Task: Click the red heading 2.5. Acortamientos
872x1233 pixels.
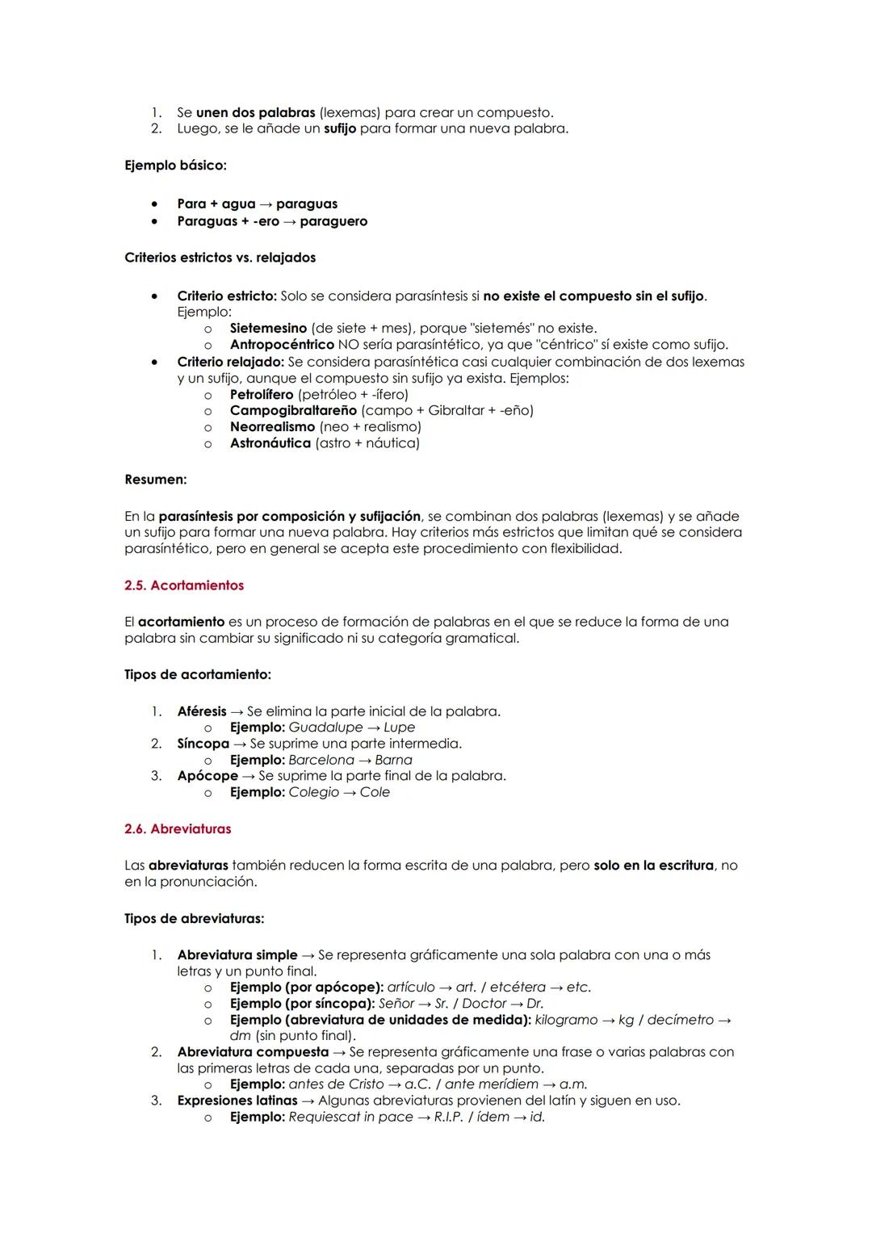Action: tap(184, 585)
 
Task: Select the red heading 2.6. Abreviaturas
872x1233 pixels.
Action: tap(178, 829)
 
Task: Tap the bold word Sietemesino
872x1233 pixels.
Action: tap(268, 329)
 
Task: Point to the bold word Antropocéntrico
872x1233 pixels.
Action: tap(282, 345)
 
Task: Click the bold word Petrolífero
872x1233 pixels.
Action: tap(262, 395)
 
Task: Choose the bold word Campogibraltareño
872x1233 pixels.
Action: tap(294, 411)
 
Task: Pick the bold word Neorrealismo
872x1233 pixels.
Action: tap(273, 427)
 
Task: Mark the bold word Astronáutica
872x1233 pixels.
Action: tap(270, 443)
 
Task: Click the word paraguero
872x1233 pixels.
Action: tap(333, 221)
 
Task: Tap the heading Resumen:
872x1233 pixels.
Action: tap(156, 480)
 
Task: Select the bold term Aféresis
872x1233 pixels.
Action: tap(202, 711)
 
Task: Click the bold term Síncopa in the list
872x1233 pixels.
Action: tap(203, 744)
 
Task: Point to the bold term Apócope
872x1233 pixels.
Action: tap(208, 776)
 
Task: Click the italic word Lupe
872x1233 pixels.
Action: tap(399, 728)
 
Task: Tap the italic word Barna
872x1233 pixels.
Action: tap(393, 760)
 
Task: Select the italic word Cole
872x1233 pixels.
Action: tap(375, 792)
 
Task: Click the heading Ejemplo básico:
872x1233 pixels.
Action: tap(175, 166)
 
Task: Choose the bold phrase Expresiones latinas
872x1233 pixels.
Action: tap(237, 1101)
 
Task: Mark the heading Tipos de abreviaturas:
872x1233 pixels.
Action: tap(195, 919)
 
